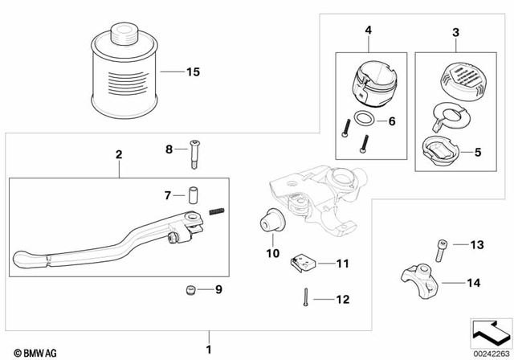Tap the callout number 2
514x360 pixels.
[x=118, y=152]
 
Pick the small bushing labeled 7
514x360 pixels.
[x=194, y=195]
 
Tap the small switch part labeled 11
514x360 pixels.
[x=304, y=262]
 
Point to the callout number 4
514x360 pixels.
[x=369, y=31]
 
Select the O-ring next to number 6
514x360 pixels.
[x=362, y=121]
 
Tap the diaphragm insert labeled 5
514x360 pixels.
[x=442, y=149]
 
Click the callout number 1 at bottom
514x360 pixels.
[x=210, y=349]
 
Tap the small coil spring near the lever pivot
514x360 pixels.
[x=215, y=211]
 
